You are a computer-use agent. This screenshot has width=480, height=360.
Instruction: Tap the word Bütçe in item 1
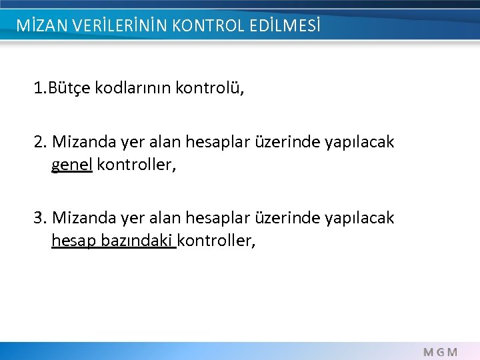(71, 88)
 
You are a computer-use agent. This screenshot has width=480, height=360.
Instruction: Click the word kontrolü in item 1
(210, 88)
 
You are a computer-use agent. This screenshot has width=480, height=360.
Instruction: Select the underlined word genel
(72, 164)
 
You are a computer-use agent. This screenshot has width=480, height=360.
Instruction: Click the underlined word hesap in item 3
(74, 240)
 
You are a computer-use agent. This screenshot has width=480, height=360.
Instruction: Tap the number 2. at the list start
(40, 142)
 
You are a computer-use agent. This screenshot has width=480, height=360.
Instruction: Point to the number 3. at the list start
(40, 218)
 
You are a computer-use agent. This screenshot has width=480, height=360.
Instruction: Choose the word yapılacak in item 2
(359, 142)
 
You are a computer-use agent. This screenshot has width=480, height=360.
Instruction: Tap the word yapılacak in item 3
(359, 218)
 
